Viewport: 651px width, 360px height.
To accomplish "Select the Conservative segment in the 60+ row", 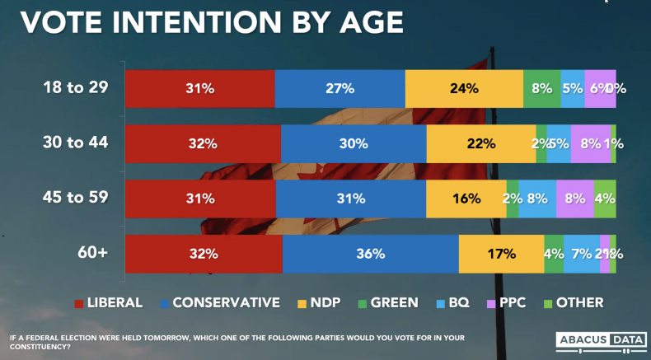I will pyautogui.click(x=370, y=254).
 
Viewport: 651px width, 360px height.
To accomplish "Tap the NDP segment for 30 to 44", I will pyautogui.click(x=481, y=143).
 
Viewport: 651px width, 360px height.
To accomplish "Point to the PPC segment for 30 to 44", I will pyautogui.click(x=590, y=143).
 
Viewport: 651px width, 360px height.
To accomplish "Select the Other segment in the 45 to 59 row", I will pyautogui.click(x=605, y=199).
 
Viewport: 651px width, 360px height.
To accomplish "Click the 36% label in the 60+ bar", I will pyautogui.click(x=371, y=254).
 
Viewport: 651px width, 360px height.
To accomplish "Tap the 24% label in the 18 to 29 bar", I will pyautogui.click(x=464, y=89).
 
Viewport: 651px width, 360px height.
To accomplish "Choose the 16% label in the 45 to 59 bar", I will pyautogui.click(x=466, y=199).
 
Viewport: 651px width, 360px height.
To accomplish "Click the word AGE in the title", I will pyautogui.click(x=369, y=21).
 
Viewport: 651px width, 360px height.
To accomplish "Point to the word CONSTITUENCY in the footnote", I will pyautogui.click(x=41, y=346).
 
